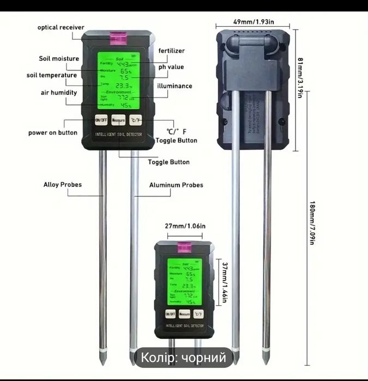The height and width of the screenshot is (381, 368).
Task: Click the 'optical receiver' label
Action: (61, 28)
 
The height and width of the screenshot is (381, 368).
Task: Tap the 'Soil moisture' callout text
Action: (59, 59)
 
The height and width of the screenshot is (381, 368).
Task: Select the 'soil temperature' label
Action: (52, 75)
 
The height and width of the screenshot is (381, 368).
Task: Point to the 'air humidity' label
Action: (61, 93)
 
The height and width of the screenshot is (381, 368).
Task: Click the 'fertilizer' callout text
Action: (172, 51)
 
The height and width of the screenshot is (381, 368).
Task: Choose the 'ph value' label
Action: (171, 67)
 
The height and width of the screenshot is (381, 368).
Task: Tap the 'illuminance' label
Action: (174, 86)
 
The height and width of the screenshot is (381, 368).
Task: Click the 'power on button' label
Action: (53, 133)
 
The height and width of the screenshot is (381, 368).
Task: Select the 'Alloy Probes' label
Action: (63, 185)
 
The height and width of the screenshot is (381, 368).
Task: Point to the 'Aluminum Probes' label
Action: (176, 185)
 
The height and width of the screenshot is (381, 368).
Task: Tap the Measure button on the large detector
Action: (118, 120)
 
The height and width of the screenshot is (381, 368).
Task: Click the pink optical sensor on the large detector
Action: (118, 39)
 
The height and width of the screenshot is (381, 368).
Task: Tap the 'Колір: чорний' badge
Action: (184, 358)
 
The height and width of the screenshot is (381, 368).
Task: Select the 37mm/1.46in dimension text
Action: (225, 282)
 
